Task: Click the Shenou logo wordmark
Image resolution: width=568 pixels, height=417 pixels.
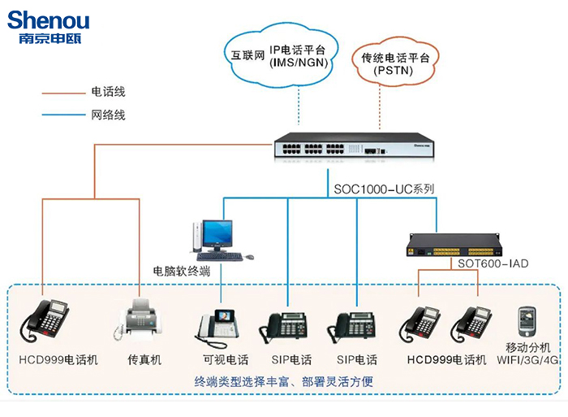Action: click(x=49, y=20)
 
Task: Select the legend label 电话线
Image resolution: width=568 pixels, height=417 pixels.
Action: click(x=109, y=92)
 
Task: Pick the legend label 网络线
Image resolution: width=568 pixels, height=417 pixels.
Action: click(x=109, y=115)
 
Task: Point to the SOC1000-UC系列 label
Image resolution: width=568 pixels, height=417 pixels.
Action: click(x=383, y=189)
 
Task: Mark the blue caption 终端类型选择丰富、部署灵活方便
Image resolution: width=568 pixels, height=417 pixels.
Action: click(x=284, y=380)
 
